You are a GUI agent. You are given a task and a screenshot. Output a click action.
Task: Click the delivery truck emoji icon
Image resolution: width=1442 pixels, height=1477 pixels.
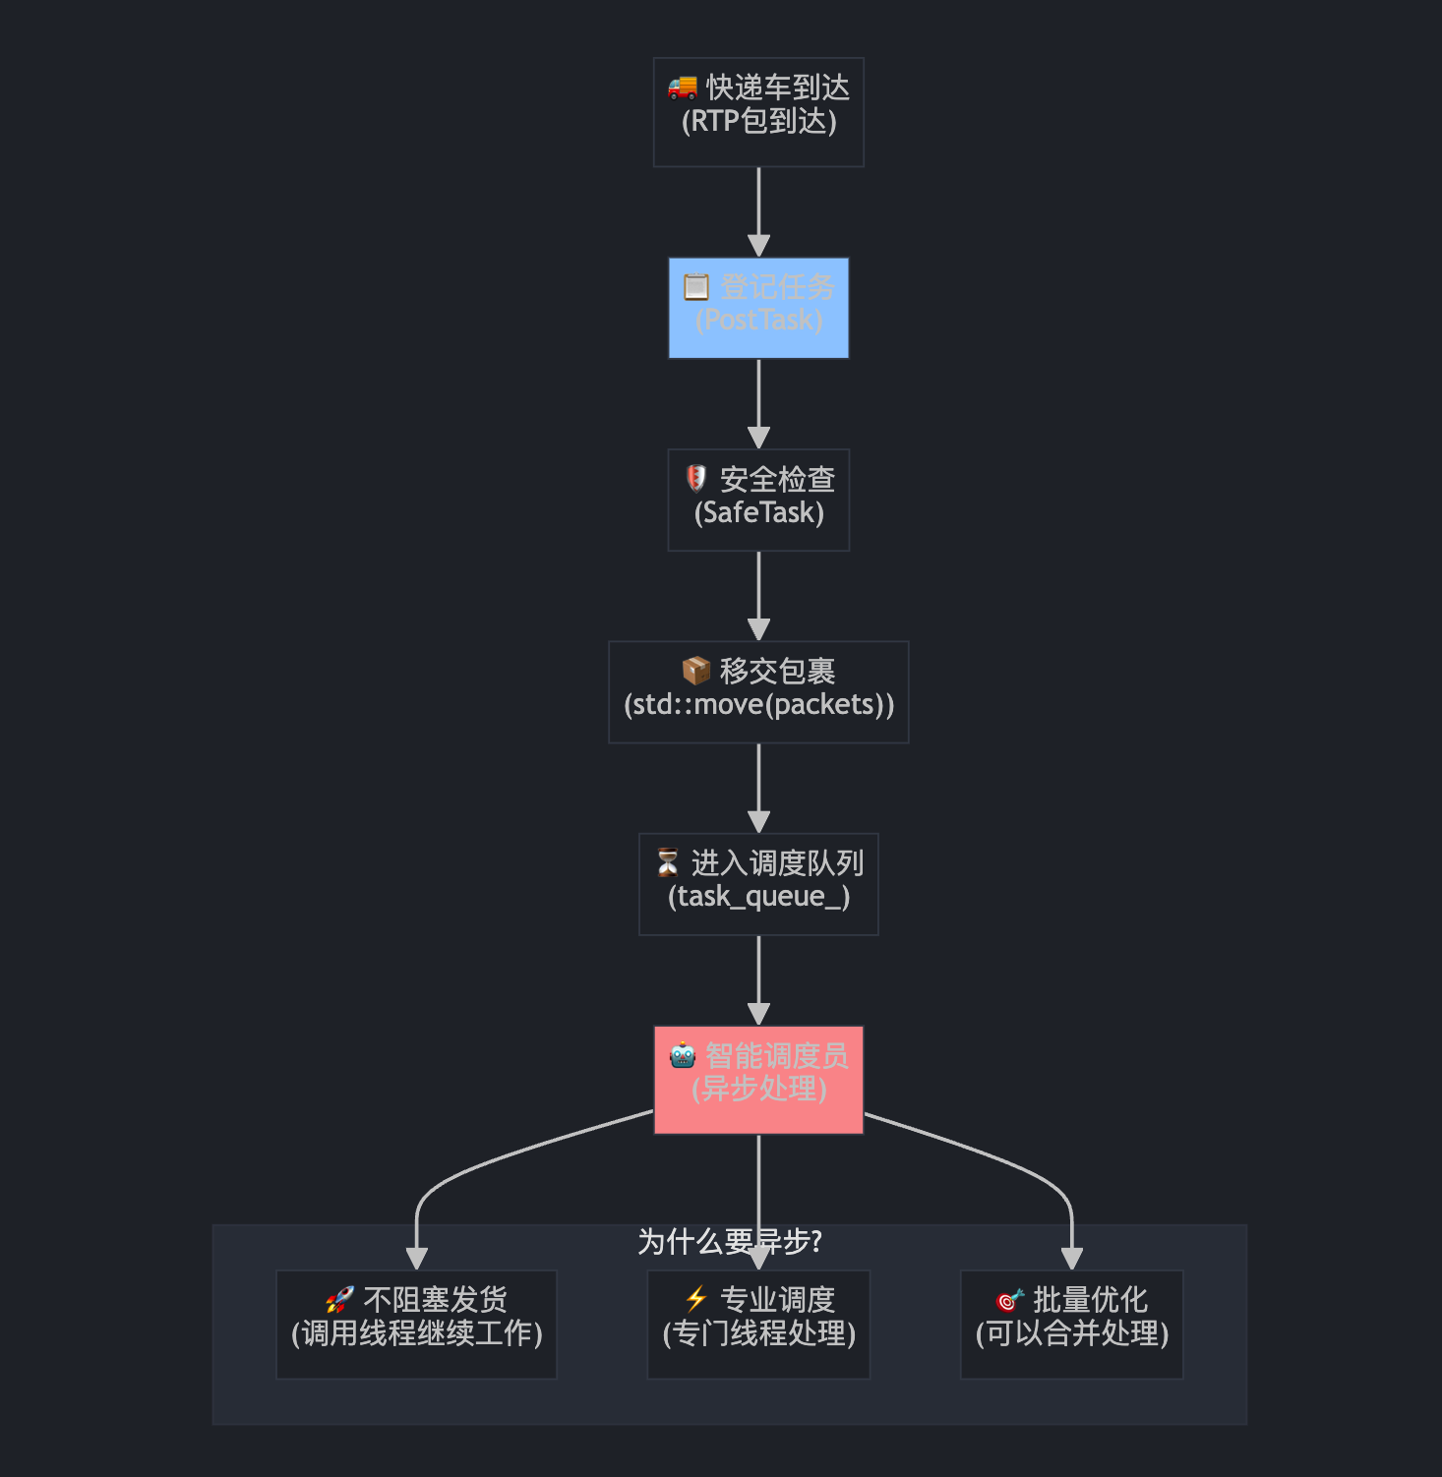pyautogui.click(x=683, y=88)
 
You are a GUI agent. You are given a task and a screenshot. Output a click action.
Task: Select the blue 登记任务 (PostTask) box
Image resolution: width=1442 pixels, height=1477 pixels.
pyautogui.click(x=758, y=308)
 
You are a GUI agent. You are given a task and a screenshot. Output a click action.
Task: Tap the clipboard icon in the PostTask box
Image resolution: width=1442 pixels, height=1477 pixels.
pyautogui.click(x=696, y=287)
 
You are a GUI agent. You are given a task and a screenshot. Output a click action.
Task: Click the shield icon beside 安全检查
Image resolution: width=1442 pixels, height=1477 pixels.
pyautogui.click(x=696, y=479)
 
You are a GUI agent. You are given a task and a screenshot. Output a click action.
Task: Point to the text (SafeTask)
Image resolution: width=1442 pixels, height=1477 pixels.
pyautogui.click(x=758, y=513)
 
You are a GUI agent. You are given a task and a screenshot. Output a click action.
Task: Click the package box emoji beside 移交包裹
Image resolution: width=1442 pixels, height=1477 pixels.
pyautogui.click(x=696, y=671)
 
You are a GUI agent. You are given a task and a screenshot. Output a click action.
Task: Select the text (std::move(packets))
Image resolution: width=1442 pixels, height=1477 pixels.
pyautogui.click(x=758, y=705)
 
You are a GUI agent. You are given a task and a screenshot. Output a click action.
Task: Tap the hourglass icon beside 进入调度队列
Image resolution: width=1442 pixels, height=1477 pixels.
pyautogui.click(x=668, y=862)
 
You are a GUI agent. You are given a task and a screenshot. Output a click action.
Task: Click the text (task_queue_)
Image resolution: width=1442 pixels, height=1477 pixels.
pyautogui.click(x=758, y=897)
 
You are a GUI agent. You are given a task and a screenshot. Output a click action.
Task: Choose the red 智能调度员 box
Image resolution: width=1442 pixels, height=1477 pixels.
pyautogui.click(x=758, y=1080)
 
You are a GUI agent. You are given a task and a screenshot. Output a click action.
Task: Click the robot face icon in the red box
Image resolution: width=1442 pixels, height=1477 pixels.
pyautogui.click(x=683, y=1055)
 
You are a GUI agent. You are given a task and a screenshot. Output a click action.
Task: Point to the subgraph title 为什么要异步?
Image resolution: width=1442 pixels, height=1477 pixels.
pyautogui.click(x=729, y=1242)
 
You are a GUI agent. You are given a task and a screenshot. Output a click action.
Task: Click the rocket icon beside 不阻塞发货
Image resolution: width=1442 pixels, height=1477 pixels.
pyautogui.click(x=339, y=1300)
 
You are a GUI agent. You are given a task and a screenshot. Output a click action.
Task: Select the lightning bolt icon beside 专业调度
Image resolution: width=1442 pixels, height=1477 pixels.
pyautogui.click(x=696, y=1299)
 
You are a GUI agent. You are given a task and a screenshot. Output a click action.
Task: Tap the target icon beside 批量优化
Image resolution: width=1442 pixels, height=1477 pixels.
pyautogui.click(x=1009, y=1300)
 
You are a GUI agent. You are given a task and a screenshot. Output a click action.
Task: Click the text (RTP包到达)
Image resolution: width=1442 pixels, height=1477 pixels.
pyautogui.click(x=758, y=122)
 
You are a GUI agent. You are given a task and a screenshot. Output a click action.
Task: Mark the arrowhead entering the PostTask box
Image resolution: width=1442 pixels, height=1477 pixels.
pyautogui.click(x=758, y=246)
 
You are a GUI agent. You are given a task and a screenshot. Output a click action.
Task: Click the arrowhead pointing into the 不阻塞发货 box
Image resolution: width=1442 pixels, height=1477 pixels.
pyautogui.click(x=417, y=1259)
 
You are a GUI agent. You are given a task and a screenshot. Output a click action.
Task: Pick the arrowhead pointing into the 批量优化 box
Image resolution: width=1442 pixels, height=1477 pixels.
pyautogui.click(x=1072, y=1259)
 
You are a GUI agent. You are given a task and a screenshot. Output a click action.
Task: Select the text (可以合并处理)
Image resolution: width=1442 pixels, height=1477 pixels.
pyautogui.click(x=1072, y=1334)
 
